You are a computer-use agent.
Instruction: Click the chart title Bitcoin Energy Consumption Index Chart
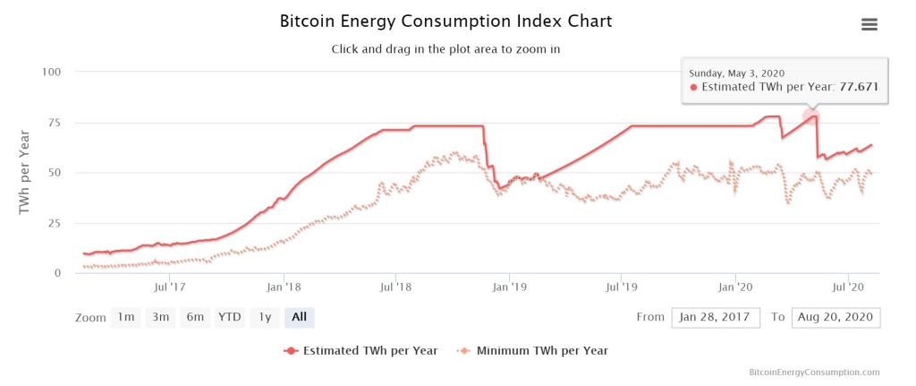point(445,21)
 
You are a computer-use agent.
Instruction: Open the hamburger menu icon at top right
point(869,24)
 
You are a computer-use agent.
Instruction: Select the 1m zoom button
point(126,317)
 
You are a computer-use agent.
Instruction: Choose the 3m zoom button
point(160,317)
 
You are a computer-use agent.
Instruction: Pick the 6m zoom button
point(194,317)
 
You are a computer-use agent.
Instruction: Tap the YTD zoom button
point(230,317)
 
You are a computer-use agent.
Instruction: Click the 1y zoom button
point(264,317)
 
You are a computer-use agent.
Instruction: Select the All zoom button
point(299,317)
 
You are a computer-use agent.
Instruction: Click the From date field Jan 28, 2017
point(716,317)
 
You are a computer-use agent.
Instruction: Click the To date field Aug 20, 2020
point(835,317)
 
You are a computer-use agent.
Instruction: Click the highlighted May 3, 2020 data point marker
point(810,115)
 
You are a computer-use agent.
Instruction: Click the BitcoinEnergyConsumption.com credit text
point(814,372)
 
